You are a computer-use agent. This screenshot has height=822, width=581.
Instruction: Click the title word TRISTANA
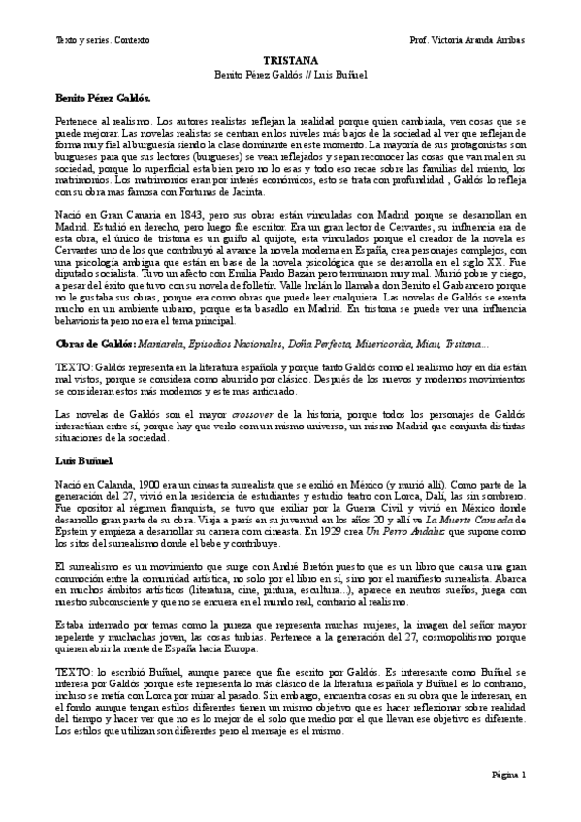pyautogui.click(x=291, y=60)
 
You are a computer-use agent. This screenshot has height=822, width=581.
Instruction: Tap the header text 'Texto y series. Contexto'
pyautogui.click(x=82, y=39)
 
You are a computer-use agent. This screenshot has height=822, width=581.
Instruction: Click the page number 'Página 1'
pyautogui.click(x=507, y=775)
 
